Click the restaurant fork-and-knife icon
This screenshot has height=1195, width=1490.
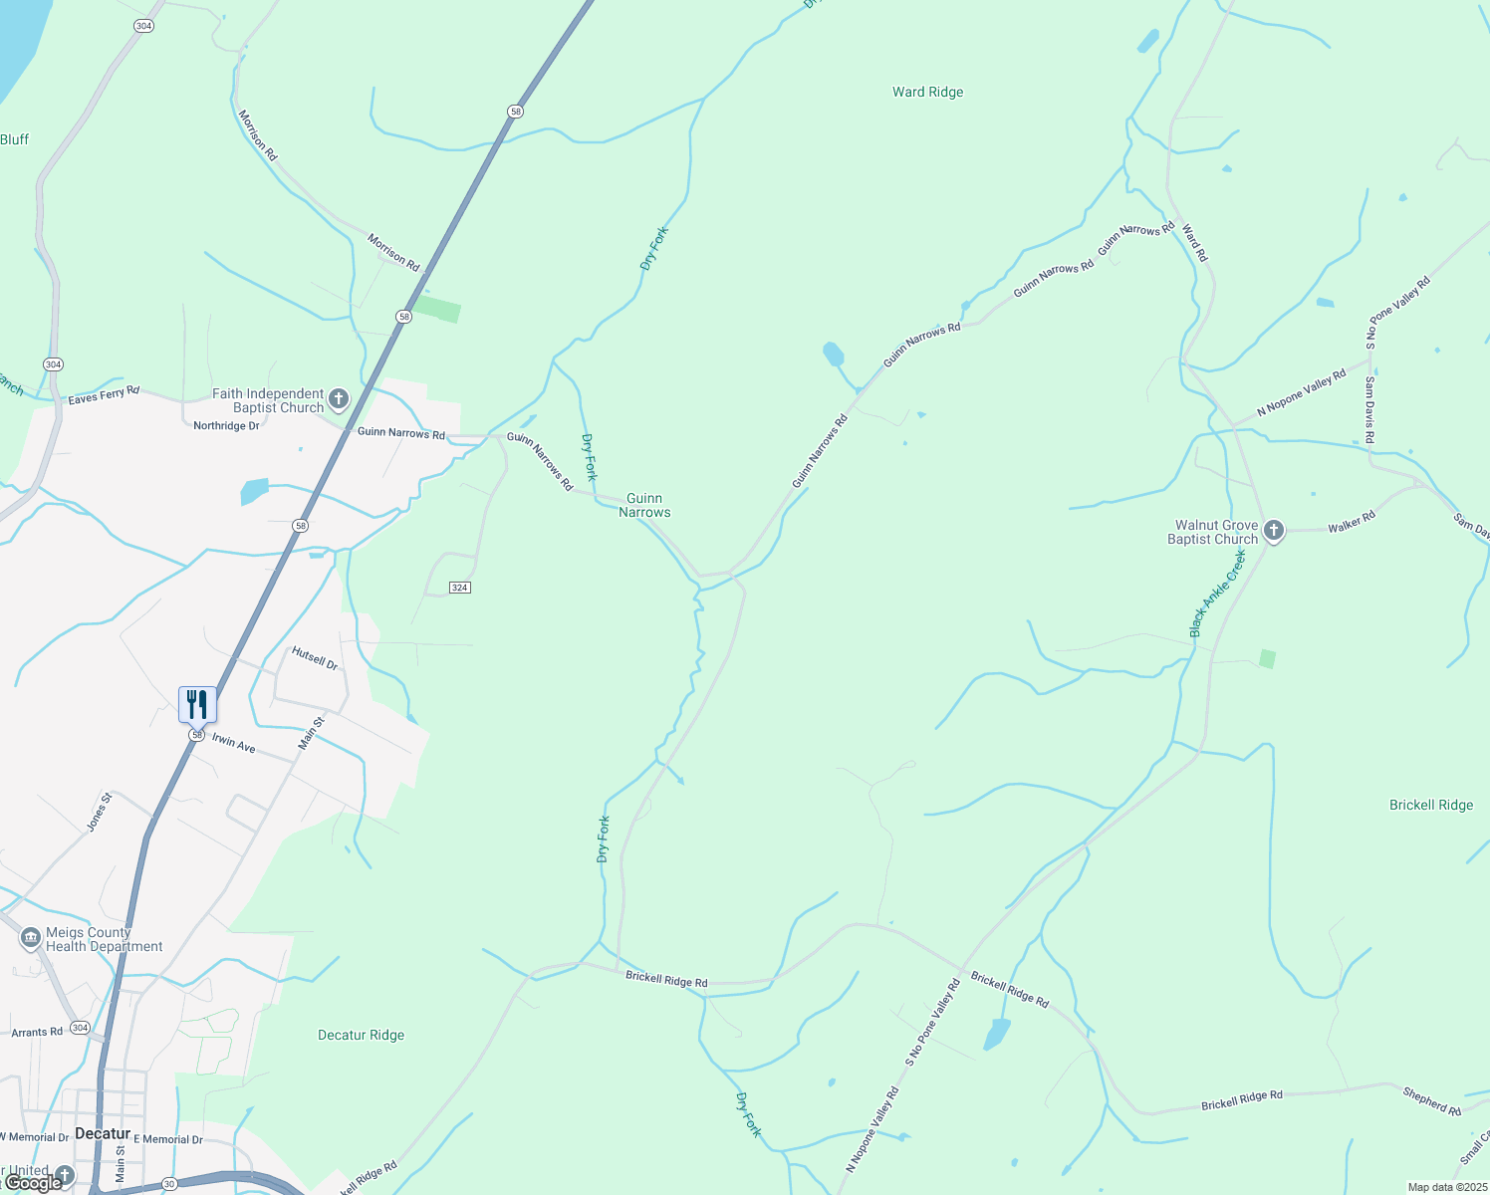(x=197, y=704)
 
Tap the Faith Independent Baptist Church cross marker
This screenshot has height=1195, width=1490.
(x=339, y=400)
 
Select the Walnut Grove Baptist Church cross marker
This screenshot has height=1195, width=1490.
(x=1273, y=531)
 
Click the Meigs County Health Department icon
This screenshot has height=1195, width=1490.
(x=31, y=938)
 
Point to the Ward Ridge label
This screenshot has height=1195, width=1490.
(x=927, y=92)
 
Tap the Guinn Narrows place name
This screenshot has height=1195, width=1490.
(x=644, y=505)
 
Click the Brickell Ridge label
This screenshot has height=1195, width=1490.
(x=1430, y=805)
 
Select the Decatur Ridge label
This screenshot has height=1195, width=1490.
(x=361, y=1035)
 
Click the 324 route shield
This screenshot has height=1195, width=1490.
(x=459, y=588)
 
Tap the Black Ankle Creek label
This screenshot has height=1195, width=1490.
(x=1217, y=594)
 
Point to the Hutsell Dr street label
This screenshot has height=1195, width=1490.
(x=315, y=658)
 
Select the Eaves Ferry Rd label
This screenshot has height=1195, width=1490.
(x=104, y=395)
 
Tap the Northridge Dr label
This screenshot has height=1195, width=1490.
(x=226, y=425)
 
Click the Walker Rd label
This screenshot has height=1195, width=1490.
(x=1351, y=521)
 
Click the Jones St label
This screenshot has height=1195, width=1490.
(x=99, y=812)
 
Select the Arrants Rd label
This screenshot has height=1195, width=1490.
(x=37, y=1032)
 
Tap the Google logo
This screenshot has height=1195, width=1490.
(x=33, y=1182)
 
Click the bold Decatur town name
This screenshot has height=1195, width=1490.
(x=103, y=1133)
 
